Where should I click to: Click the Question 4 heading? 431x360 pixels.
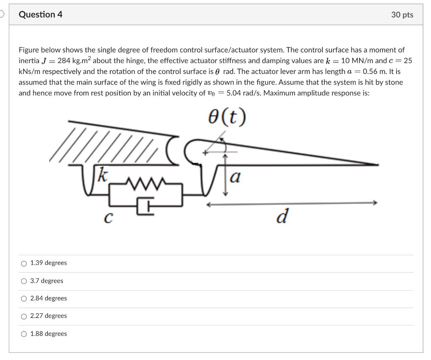click(x=40, y=14)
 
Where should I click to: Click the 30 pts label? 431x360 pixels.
click(x=402, y=15)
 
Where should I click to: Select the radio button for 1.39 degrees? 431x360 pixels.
click(x=24, y=263)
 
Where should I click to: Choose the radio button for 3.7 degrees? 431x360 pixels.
click(x=24, y=281)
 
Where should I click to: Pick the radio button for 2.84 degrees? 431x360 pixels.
click(x=24, y=299)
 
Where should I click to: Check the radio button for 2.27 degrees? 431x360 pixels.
click(x=24, y=316)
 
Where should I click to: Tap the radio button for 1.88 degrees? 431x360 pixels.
click(x=24, y=334)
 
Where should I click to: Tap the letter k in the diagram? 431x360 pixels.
click(x=101, y=175)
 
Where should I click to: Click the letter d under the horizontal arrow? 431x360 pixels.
click(x=282, y=217)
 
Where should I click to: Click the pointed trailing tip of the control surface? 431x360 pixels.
click(x=376, y=164)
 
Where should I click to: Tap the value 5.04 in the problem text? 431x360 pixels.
click(x=233, y=93)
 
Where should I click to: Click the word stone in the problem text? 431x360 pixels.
click(x=394, y=82)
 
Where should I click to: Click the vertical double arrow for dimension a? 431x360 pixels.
click(x=226, y=174)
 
